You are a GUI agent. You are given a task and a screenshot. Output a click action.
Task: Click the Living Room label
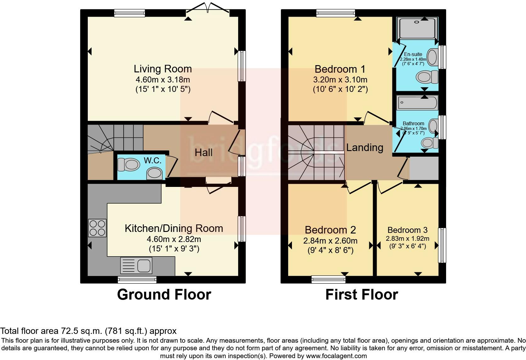pyautogui.click(x=163, y=69)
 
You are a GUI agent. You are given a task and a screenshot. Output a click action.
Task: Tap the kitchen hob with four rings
pyautogui.click(x=97, y=228)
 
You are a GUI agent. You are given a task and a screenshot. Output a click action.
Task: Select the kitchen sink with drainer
pyautogui.click(x=136, y=266)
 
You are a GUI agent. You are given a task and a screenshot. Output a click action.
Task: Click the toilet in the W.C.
pyautogui.click(x=128, y=164)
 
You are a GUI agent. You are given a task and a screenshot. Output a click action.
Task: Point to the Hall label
pyautogui.click(x=204, y=153)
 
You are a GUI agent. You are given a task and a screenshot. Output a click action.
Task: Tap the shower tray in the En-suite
pyautogui.click(x=417, y=28)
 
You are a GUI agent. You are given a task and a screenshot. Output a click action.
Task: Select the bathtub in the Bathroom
pyautogui.click(x=417, y=103)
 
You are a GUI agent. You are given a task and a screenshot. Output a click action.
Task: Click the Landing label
pyautogui.click(x=365, y=148)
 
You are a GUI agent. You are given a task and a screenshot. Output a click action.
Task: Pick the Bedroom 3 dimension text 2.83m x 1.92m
pyautogui.click(x=407, y=239)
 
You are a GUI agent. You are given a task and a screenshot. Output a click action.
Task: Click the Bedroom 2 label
pyautogui.click(x=330, y=230)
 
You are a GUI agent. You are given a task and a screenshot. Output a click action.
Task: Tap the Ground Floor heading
pyautogui.click(x=164, y=295)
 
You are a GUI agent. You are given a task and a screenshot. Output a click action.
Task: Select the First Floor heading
pyautogui.click(x=362, y=295)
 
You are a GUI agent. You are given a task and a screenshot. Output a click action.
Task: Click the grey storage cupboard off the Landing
pyautogui.click(x=424, y=168)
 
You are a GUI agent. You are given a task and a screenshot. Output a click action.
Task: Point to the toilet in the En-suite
pyautogui.click(x=427, y=77)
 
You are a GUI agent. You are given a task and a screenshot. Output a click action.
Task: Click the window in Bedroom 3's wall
pyautogui.click(x=442, y=245)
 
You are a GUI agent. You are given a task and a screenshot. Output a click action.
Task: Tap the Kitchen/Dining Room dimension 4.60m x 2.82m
pyautogui.click(x=174, y=239)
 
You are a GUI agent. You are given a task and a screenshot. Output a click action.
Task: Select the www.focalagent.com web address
pyautogui.click(x=336, y=356)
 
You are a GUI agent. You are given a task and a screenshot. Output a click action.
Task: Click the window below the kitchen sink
pyautogui.click(x=137, y=280)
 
